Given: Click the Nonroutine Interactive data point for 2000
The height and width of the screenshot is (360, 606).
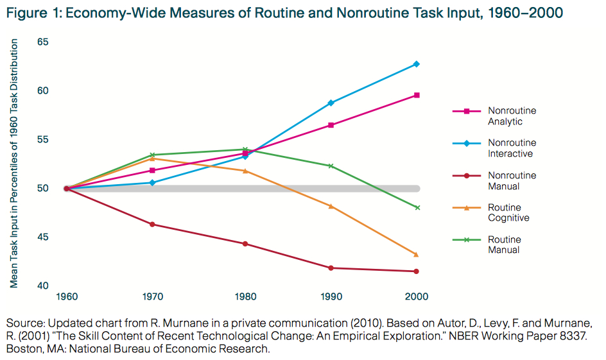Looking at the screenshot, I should [x=417, y=64].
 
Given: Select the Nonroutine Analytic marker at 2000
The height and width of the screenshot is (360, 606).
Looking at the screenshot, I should [x=417, y=95].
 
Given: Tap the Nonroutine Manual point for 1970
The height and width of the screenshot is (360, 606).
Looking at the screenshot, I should [x=152, y=224].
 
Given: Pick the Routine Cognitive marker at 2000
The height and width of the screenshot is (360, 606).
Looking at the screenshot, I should [x=417, y=254].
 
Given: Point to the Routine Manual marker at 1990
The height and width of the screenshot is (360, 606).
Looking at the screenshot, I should [x=331, y=166].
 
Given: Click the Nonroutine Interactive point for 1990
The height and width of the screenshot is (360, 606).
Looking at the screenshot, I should [x=331, y=103].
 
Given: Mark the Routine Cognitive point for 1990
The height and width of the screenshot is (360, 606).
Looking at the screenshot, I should [x=331, y=206].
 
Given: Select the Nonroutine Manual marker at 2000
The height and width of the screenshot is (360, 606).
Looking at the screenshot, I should [x=417, y=271].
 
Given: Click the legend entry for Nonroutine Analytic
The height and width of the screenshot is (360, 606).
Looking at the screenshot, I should [x=511, y=116].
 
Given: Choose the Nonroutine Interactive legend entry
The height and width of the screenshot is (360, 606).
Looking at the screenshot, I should [x=511, y=148].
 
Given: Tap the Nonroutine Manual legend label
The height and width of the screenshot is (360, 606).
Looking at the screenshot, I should [x=511, y=180].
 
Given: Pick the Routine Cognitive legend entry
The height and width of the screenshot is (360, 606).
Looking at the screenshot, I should [x=508, y=212].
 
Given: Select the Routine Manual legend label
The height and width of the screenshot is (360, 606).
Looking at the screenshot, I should [x=504, y=244].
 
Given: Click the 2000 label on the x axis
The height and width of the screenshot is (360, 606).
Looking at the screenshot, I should [x=417, y=297].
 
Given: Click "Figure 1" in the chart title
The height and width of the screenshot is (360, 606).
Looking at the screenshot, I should [x=31, y=13].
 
